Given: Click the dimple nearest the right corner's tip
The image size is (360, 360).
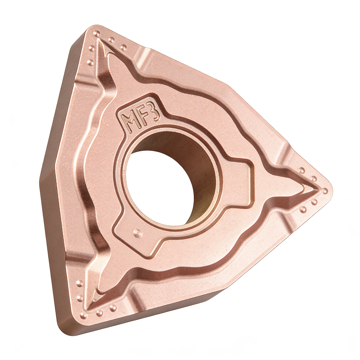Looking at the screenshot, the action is click(x=325, y=190).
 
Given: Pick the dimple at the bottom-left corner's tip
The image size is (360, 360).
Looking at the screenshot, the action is click(x=84, y=315).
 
